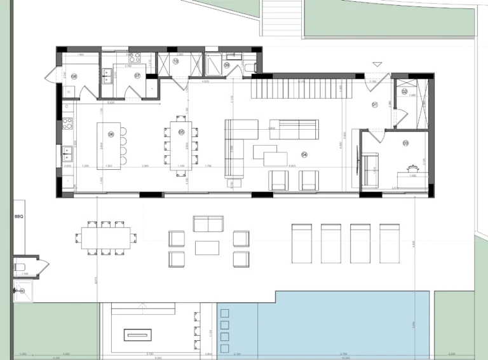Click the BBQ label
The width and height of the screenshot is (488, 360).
[x=18, y=217]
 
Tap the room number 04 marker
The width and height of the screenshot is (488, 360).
[x=304, y=155]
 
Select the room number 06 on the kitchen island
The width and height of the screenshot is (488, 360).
[x=111, y=134]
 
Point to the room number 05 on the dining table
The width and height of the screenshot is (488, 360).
[x=181, y=132]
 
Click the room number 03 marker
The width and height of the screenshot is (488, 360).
[x=405, y=144]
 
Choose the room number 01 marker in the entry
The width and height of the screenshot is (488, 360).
[x=375, y=104]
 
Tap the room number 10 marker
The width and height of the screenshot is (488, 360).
[x=175, y=61]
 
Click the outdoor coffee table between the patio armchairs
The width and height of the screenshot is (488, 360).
[x=207, y=247]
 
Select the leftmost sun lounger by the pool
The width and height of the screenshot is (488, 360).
[x=301, y=242]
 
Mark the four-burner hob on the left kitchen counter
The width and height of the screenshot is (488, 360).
[x=67, y=123]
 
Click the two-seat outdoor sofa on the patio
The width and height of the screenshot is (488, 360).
[x=208, y=224]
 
